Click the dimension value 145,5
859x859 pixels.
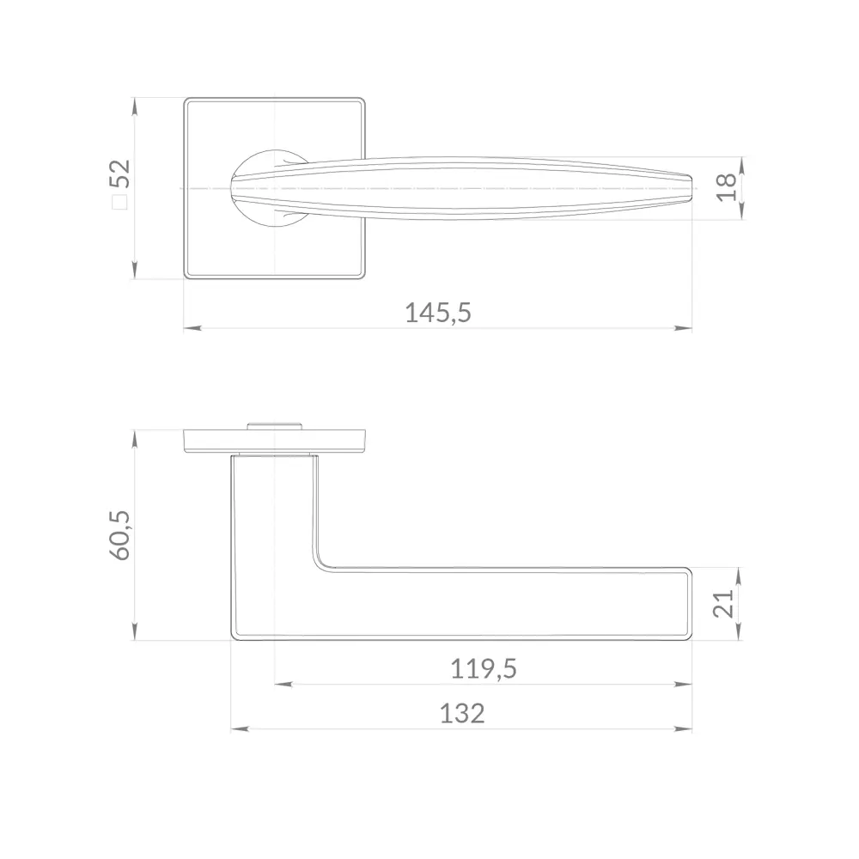coord(438,313)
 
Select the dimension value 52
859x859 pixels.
coord(120,174)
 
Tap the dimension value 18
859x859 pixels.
coord(727,187)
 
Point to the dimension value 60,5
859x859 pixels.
coord(120,534)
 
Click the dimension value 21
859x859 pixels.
coord(723,603)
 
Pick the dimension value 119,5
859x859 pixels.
coord(483,669)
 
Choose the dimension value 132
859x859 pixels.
coord(462,714)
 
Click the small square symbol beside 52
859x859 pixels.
coord(120,202)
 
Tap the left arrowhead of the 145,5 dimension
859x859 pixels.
coord(192,328)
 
